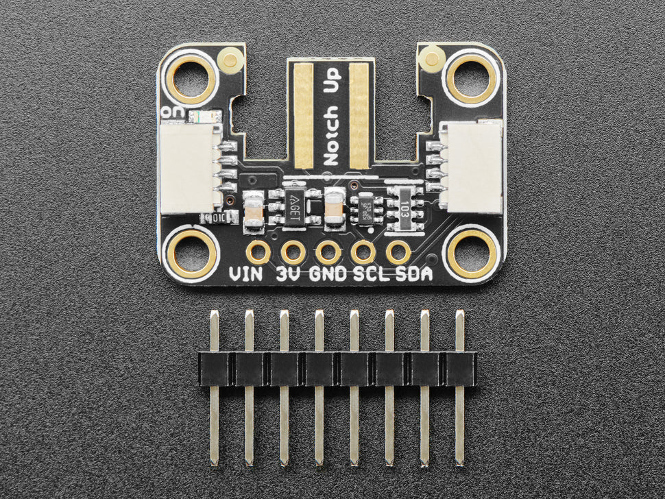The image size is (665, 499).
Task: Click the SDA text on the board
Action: (x=415, y=275)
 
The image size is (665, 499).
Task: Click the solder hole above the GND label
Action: (x=328, y=252)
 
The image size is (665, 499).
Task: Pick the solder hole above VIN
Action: (x=258, y=252)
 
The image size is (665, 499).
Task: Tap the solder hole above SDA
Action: (x=398, y=252)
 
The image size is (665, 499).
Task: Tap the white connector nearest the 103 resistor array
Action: (x=473, y=167)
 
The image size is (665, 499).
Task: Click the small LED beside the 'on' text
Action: (x=205, y=117)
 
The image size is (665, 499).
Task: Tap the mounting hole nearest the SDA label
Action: (x=472, y=253)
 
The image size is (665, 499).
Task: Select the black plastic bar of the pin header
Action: (x=337, y=369)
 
